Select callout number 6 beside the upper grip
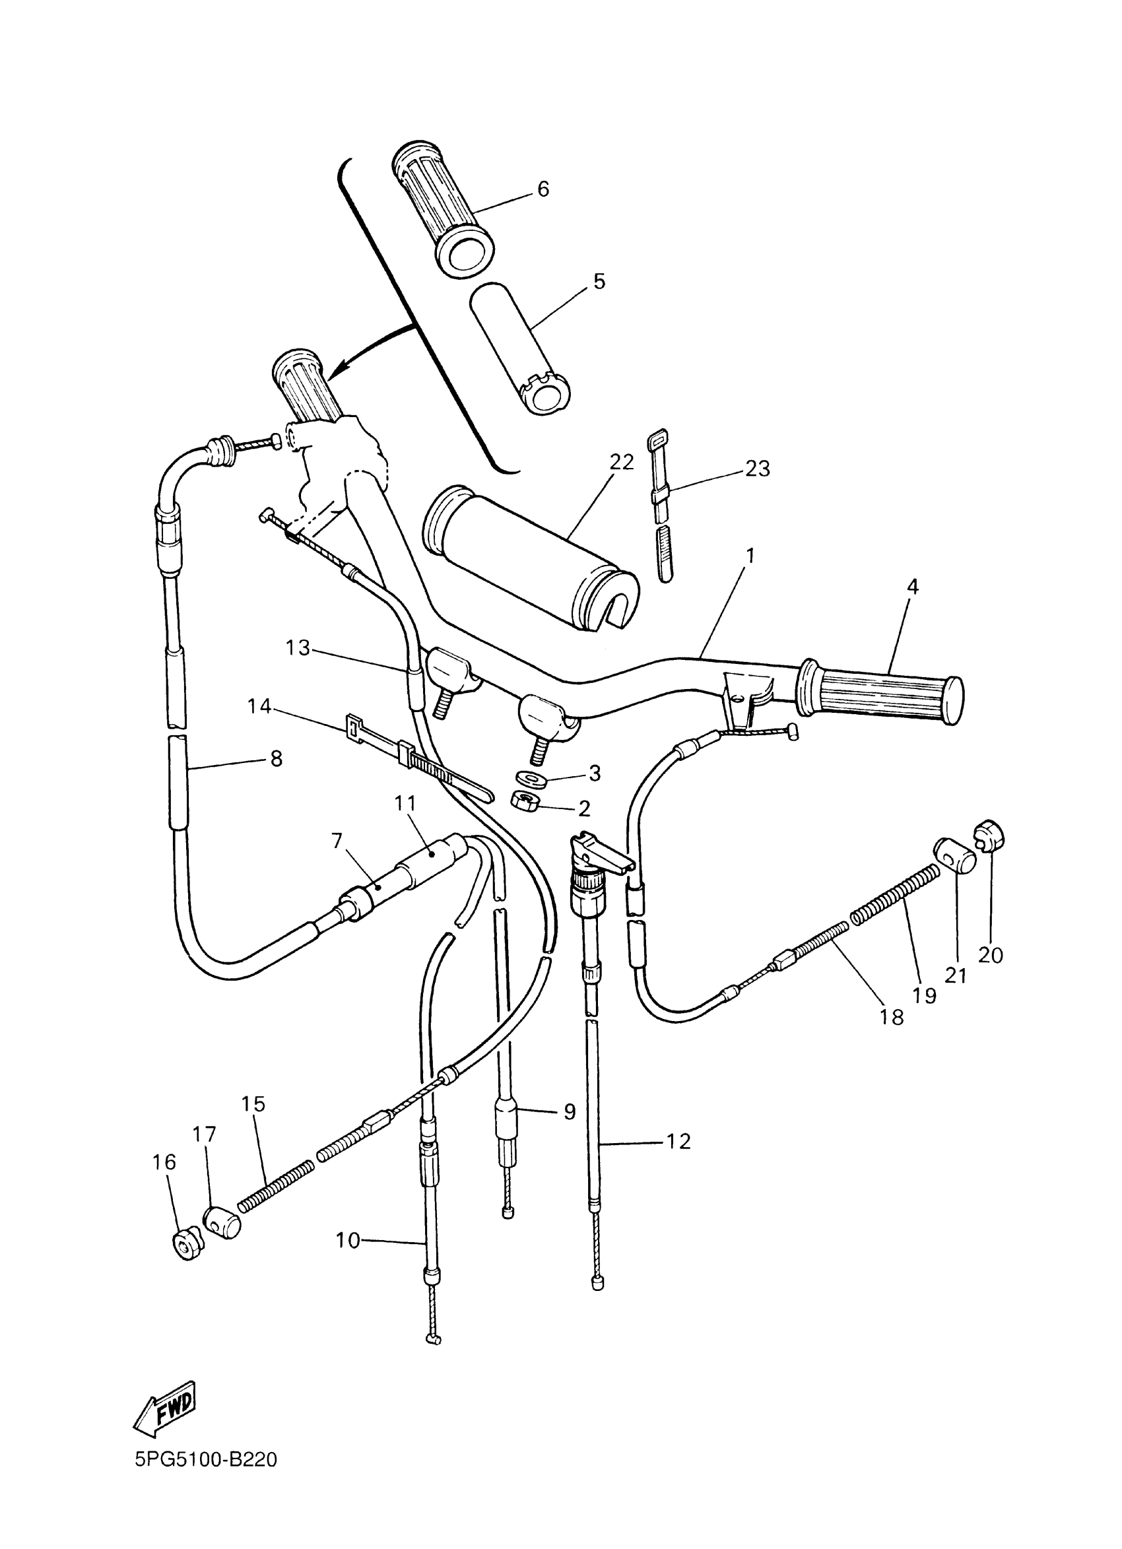point(543,189)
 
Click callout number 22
point(622,462)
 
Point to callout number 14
point(259,706)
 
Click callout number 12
point(677,1140)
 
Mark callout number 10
point(348,1240)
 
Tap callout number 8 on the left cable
point(276,759)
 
